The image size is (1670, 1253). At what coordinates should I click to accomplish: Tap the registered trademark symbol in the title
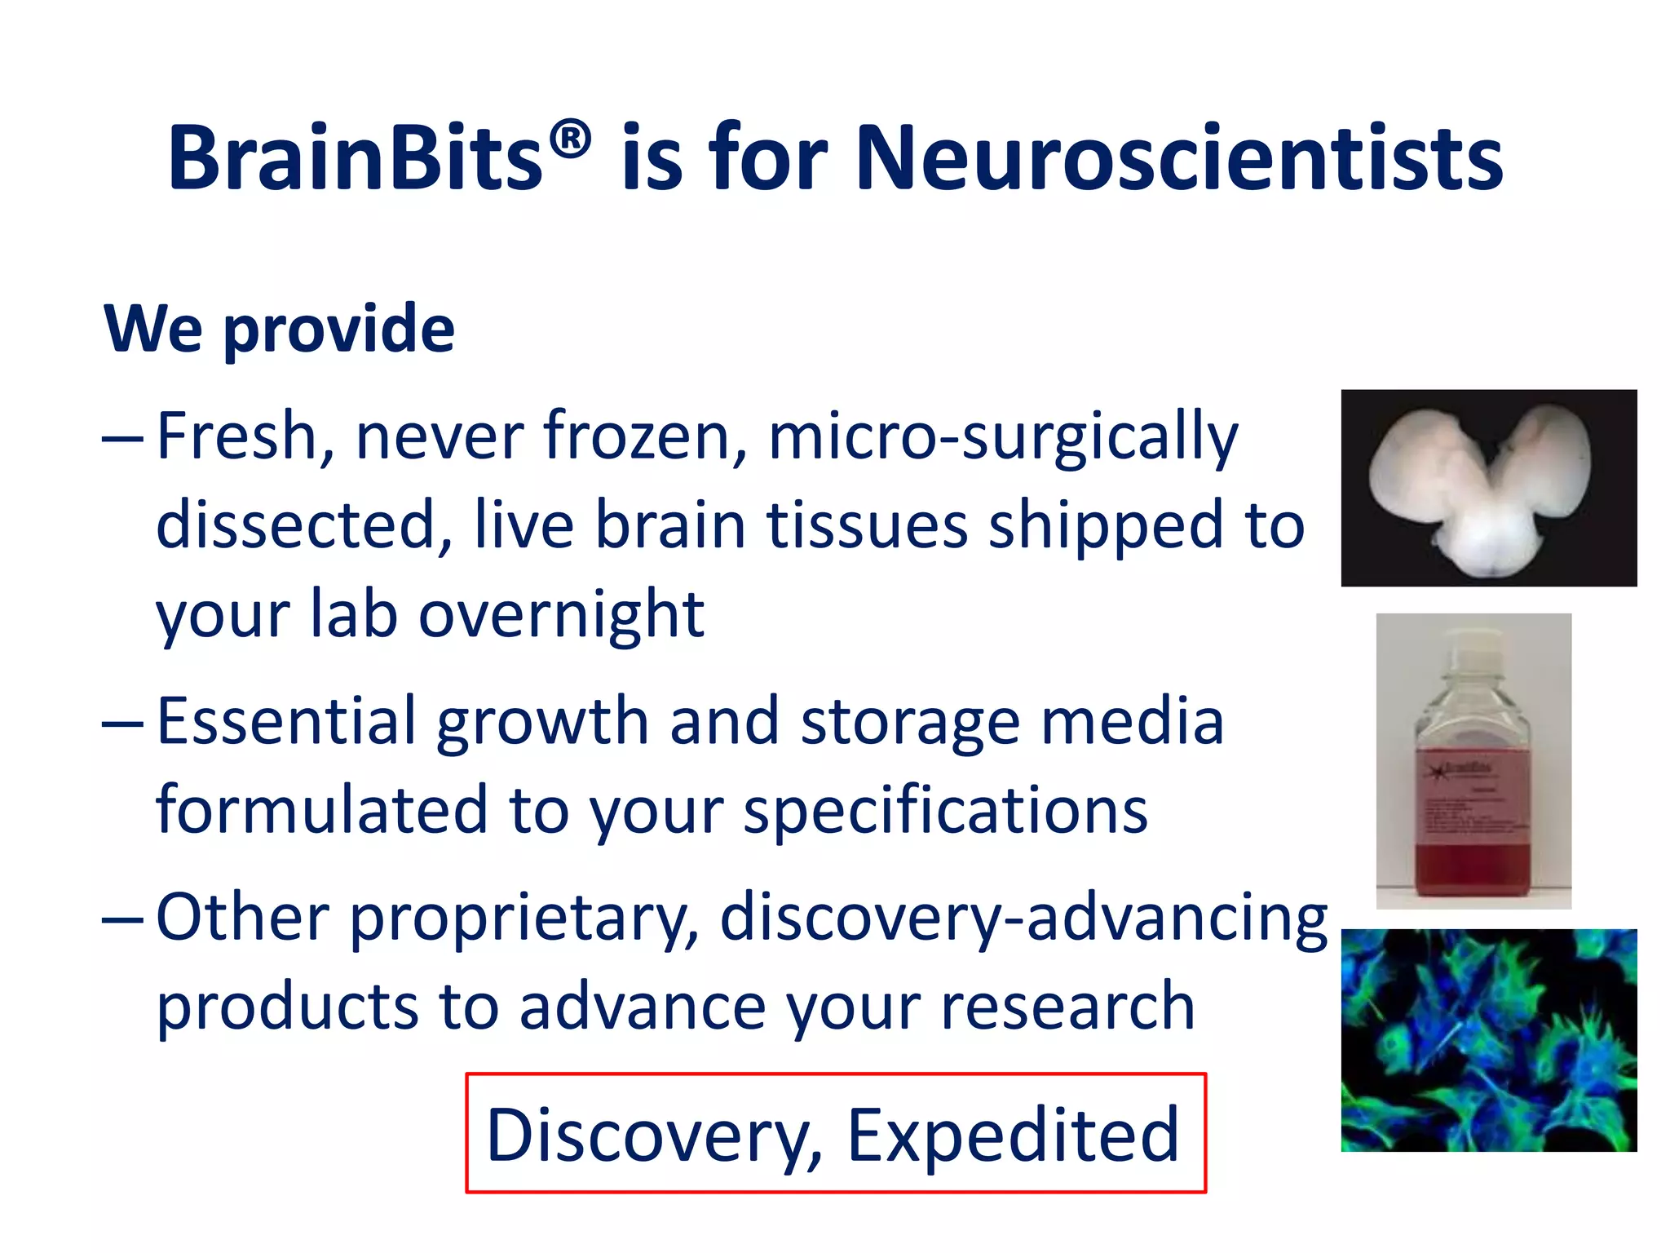click(569, 139)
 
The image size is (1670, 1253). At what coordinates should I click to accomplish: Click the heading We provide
click(279, 328)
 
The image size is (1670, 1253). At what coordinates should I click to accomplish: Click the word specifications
click(946, 811)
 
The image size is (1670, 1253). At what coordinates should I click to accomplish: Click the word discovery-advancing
click(1023, 918)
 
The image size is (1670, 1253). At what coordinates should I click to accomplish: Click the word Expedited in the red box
click(1013, 1135)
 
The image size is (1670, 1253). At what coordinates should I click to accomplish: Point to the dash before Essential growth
click(122, 723)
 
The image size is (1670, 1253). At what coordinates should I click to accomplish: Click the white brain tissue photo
click(1488, 488)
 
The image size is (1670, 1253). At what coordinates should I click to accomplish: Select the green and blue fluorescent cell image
click(1488, 1040)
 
